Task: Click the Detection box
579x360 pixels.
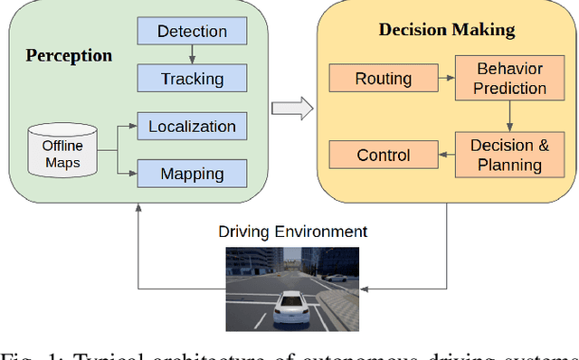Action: click(x=192, y=32)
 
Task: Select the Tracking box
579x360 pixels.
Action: click(x=192, y=79)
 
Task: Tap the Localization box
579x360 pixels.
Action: click(x=192, y=127)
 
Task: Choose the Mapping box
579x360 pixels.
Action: click(x=192, y=174)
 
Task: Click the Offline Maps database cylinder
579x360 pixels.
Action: click(x=62, y=150)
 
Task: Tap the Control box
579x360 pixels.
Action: click(x=383, y=155)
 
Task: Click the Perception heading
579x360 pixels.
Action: click(x=69, y=56)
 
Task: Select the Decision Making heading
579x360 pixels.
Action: click(x=446, y=31)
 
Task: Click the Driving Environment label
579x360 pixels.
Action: click(x=292, y=232)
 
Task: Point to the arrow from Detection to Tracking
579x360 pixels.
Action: click(x=192, y=55)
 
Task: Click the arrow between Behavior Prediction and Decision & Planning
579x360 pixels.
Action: click(x=509, y=117)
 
